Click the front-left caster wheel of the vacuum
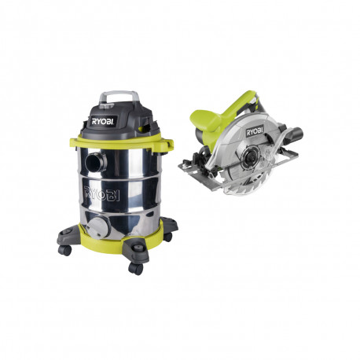[65, 251]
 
